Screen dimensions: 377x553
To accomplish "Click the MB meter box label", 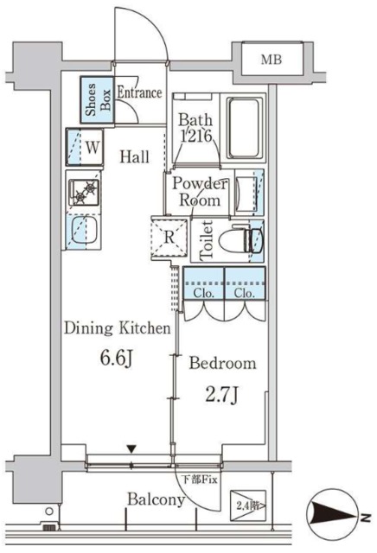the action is pos(272,60).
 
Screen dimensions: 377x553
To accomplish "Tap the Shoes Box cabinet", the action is pos(97,100).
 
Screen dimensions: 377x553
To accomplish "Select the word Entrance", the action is pos(139,92).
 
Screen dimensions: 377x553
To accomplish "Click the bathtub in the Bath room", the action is pos(245,129).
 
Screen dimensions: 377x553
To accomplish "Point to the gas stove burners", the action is pos(85,193).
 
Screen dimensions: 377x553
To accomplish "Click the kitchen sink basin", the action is pos(85,231).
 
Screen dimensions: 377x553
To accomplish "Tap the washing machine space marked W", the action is pos(85,147).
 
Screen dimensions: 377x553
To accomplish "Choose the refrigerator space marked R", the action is pos(169,238).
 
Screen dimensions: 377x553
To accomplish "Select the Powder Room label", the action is pos(200,192).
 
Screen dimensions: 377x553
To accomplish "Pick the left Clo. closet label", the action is pos(204,293).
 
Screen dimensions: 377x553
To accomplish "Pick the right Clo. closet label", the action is pos(245,293).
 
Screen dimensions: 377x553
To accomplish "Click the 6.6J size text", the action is pos(117,359).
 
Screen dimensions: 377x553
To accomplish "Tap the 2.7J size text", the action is pos(221,395).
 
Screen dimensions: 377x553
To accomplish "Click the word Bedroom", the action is pos(222,363).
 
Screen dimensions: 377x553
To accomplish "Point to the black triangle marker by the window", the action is pos(131,449).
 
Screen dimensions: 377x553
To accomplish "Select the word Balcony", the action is pos(156,499).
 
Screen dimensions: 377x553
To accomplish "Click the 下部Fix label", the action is pos(199,480).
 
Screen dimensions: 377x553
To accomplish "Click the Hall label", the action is pos(135,156).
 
